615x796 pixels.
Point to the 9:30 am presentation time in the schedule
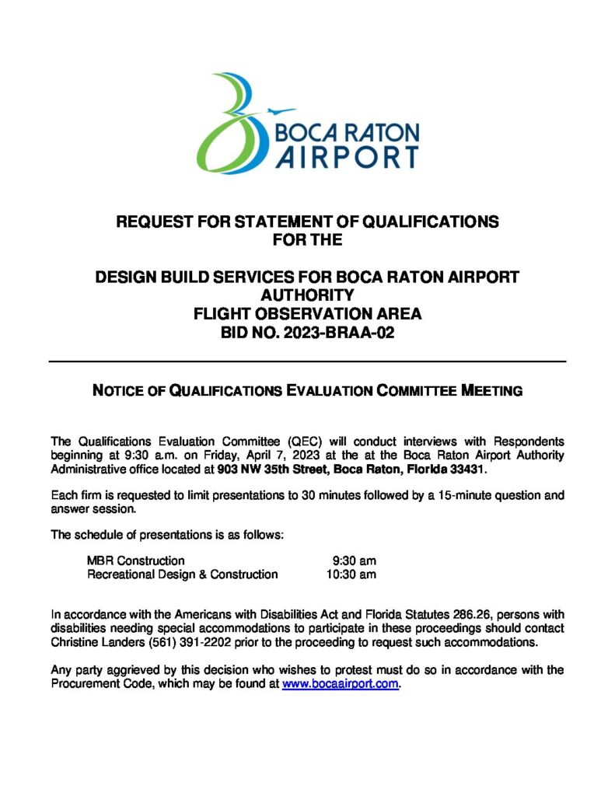coord(354,560)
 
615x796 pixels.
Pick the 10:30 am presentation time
coord(351,574)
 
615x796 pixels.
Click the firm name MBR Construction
coord(136,560)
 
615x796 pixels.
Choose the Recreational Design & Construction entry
coord(182,574)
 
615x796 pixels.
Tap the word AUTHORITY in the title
coord(307,295)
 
